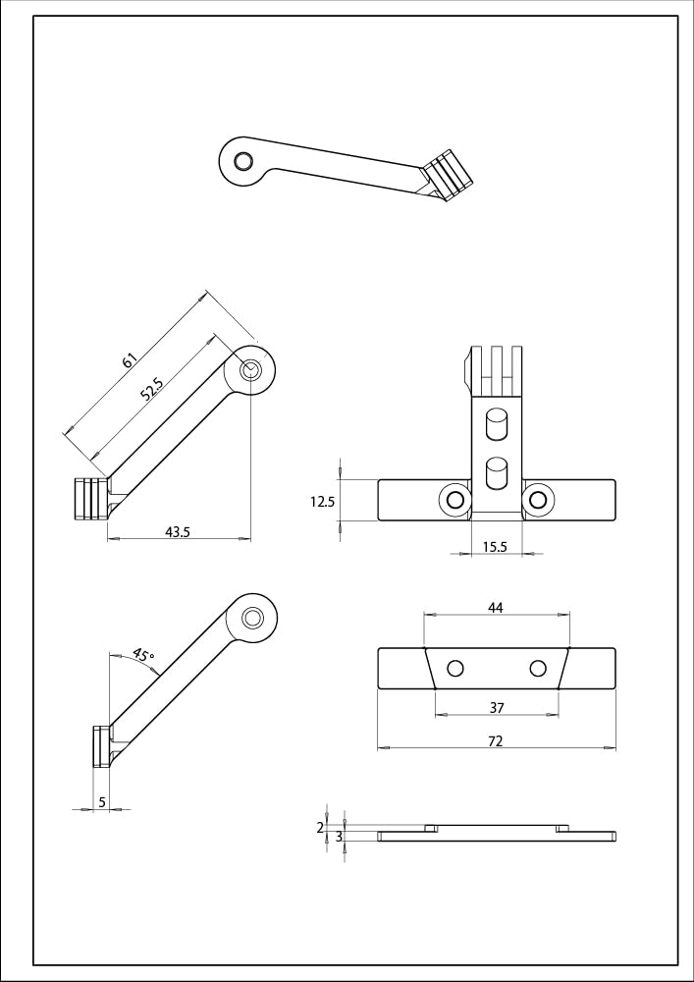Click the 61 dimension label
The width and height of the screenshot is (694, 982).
click(129, 360)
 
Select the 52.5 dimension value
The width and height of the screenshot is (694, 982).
click(151, 390)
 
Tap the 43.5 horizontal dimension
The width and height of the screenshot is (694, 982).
click(178, 531)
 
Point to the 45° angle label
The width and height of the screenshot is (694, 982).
click(143, 655)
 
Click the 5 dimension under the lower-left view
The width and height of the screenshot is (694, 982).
click(102, 802)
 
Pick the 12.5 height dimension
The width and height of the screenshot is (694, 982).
click(322, 501)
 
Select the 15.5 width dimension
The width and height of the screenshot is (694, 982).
click(495, 547)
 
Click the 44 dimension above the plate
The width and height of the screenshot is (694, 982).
click(495, 608)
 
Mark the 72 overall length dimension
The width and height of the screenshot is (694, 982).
click(495, 741)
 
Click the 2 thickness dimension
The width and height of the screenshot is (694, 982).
click(320, 828)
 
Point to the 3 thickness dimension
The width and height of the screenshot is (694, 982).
click(339, 837)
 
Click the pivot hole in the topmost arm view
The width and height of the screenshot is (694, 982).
click(241, 161)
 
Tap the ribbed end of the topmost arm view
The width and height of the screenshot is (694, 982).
click(450, 175)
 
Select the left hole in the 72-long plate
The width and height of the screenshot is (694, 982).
click(454, 669)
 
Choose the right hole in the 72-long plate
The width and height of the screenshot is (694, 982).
click(537, 669)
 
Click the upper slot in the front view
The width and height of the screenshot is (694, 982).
click(497, 425)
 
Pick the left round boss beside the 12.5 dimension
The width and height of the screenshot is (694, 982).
click(454, 500)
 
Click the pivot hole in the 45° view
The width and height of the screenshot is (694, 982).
click(252, 618)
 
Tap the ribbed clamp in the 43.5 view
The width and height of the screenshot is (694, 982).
click(89, 499)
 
